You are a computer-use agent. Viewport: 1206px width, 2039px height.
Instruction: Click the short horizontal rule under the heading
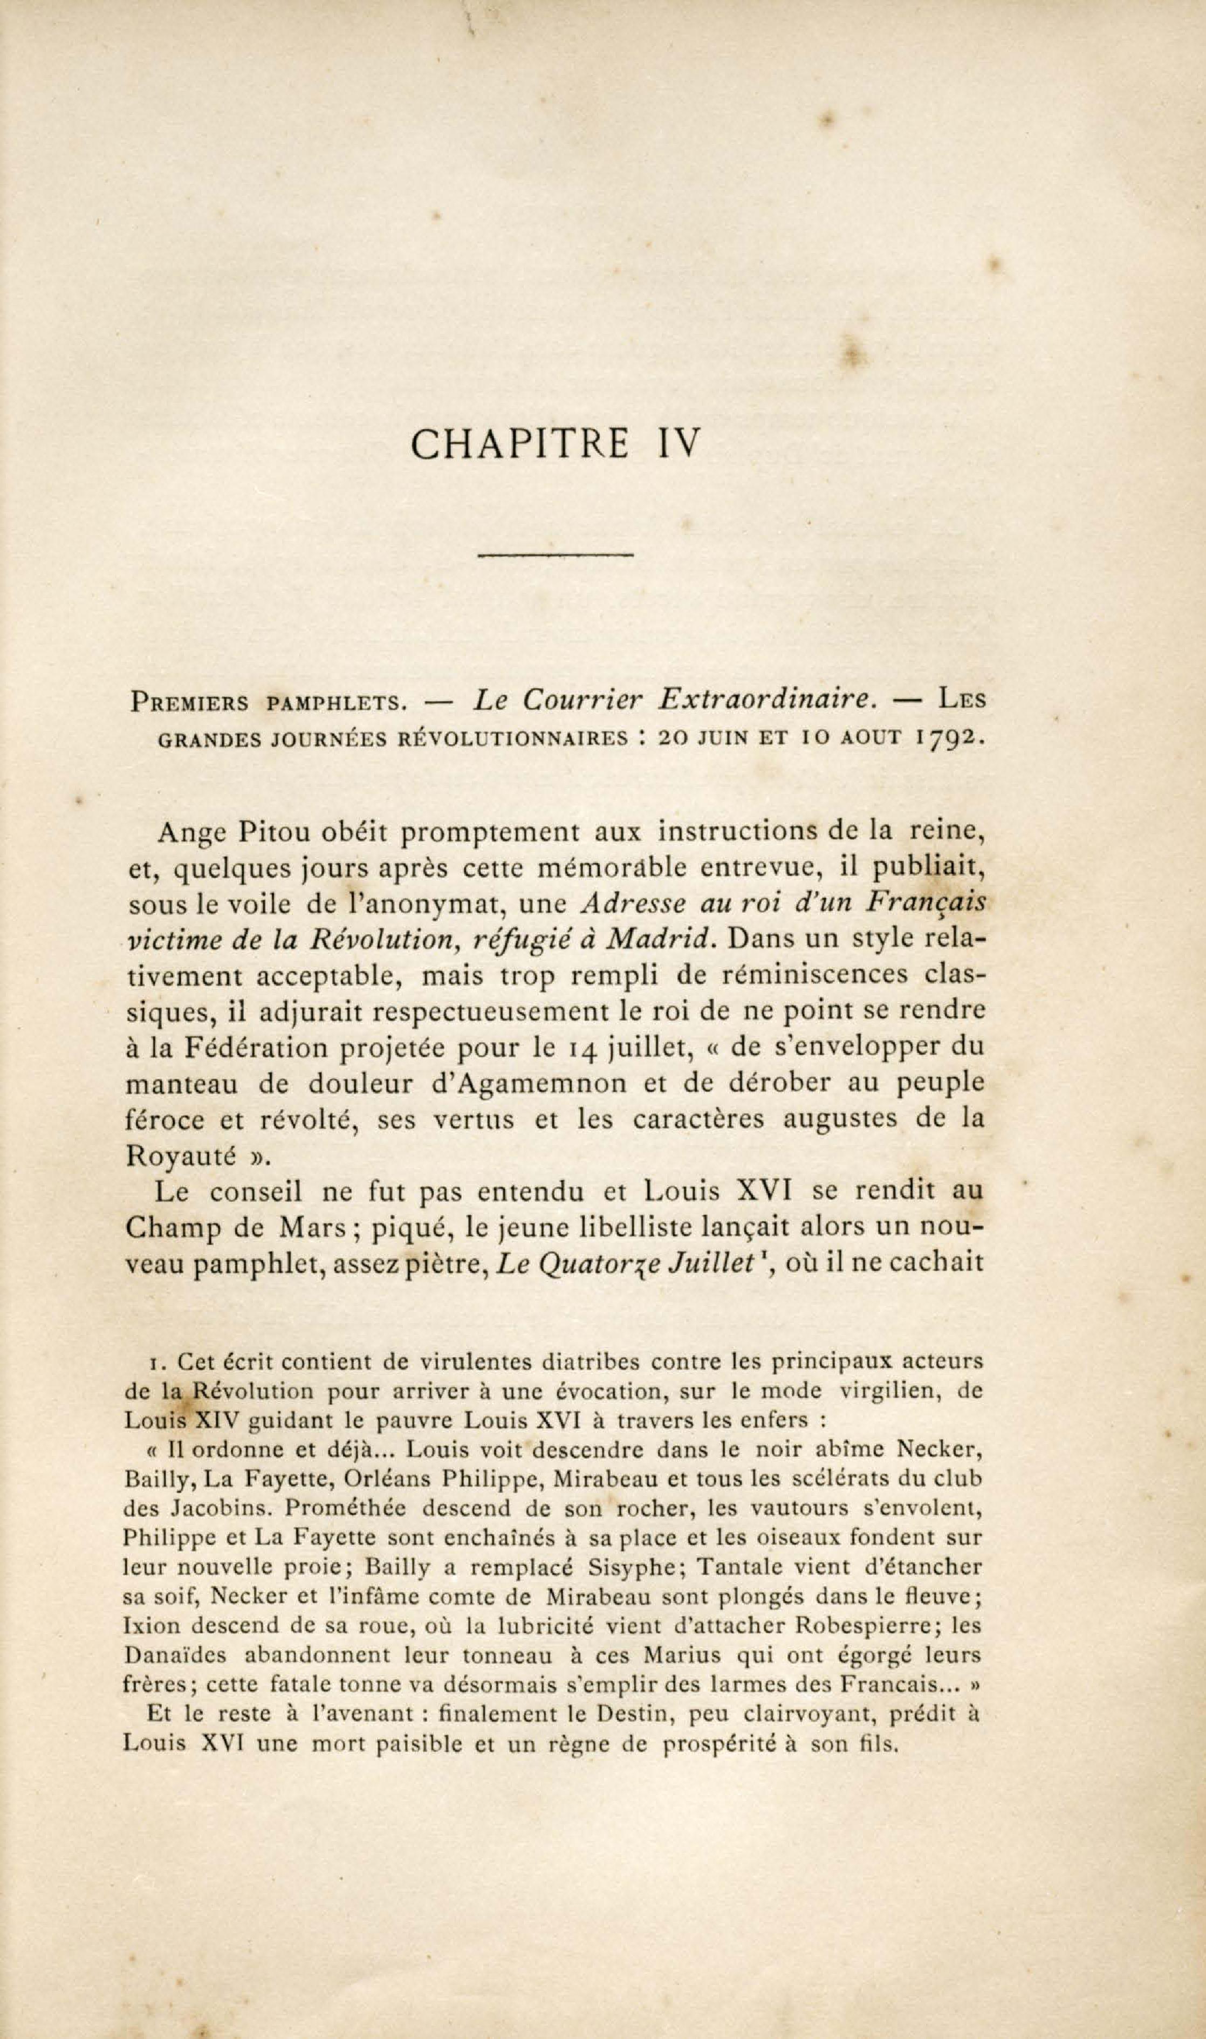(555, 555)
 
